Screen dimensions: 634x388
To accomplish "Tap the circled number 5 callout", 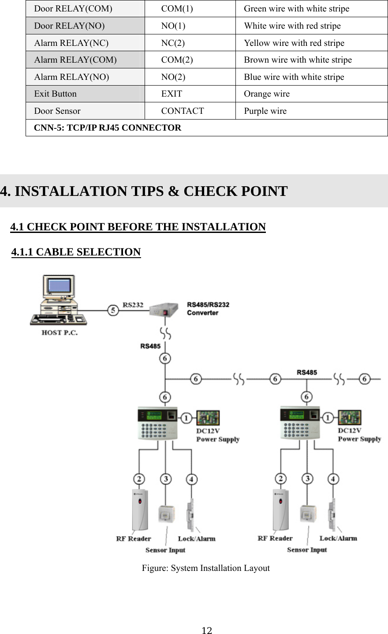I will click(x=113, y=310).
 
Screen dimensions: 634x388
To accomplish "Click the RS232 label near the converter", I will click(x=133, y=304).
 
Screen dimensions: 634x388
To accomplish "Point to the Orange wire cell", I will click(x=267, y=94).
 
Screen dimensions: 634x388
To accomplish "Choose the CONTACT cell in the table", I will click(x=183, y=111).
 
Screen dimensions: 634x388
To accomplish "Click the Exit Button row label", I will click(x=56, y=94).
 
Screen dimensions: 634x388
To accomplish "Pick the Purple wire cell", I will click(x=265, y=111).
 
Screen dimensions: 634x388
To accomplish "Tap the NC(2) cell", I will click(x=173, y=43).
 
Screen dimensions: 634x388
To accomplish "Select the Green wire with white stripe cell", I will click(x=296, y=9).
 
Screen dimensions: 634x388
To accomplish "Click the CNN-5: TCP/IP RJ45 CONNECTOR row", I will click(x=108, y=128).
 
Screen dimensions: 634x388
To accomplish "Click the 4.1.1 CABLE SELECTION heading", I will click(x=76, y=252).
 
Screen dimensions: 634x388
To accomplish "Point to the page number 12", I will click(x=207, y=630).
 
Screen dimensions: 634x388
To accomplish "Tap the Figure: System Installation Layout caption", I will click(x=205, y=568).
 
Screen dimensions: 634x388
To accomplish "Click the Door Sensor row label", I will click(x=57, y=111).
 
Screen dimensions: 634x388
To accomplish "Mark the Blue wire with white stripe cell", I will click(x=294, y=77).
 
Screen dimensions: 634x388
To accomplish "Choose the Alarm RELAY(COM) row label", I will click(x=75, y=60).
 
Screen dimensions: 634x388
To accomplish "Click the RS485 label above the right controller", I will click(x=307, y=372).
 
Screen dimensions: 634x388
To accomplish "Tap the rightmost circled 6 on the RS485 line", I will click(x=364, y=379).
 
